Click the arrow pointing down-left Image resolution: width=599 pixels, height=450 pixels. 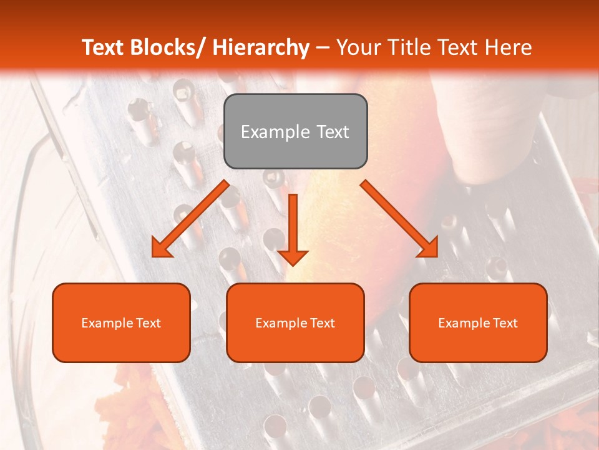click(x=190, y=219)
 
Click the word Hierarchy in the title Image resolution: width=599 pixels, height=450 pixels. click(x=261, y=47)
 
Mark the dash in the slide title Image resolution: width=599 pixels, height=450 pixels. click(x=323, y=48)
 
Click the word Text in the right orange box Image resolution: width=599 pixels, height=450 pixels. click(x=505, y=323)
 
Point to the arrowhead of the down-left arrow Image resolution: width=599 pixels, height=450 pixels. click(x=160, y=249)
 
